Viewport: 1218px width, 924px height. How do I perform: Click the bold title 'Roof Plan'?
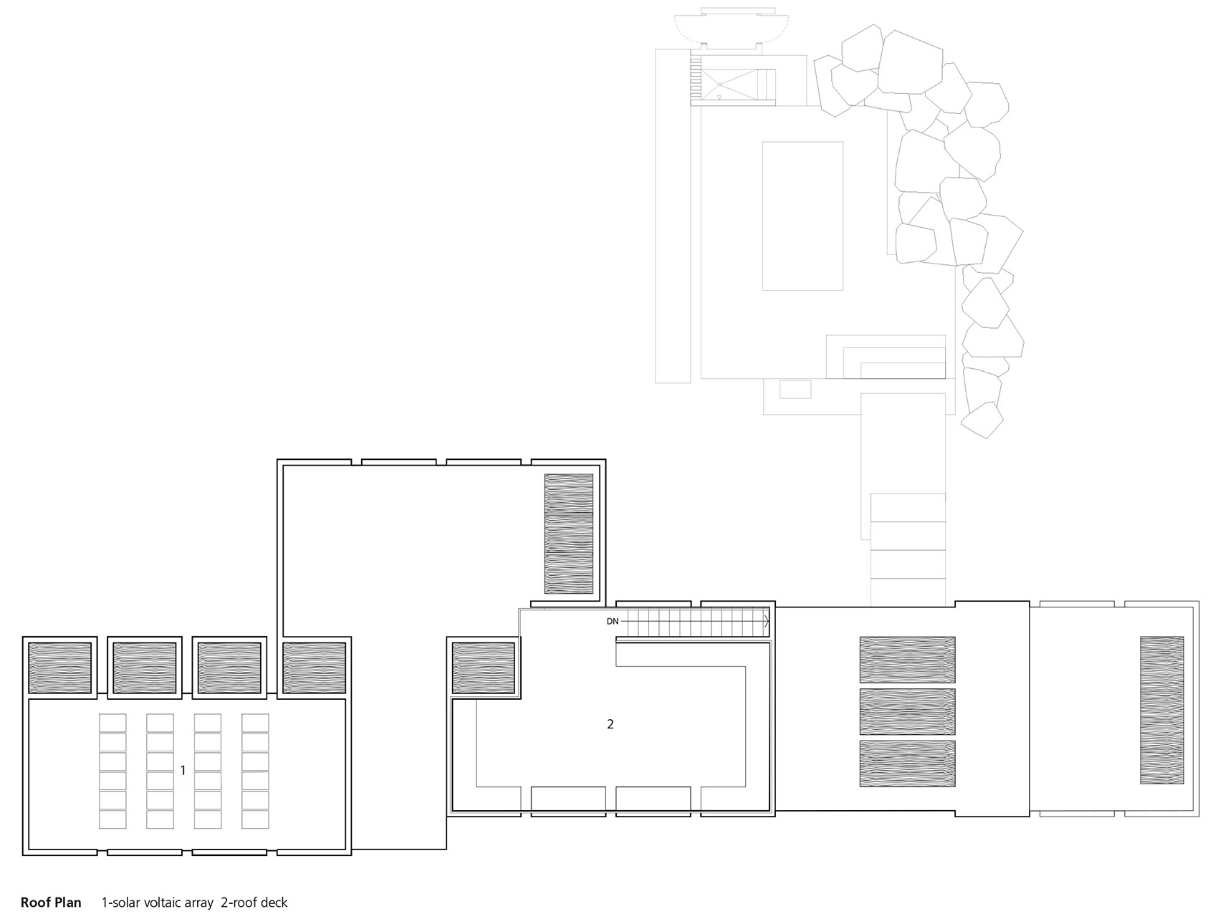[x=51, y=903]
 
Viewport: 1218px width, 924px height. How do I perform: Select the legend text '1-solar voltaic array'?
[x=158, y=903]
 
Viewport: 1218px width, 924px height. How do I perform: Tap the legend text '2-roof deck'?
[x=254, y=903]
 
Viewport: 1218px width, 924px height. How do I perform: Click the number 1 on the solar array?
[x=183, y=771]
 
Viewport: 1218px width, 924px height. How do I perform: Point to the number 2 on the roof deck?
[x=610, y=724]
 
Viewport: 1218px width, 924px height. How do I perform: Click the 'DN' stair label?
[x=612, y=621]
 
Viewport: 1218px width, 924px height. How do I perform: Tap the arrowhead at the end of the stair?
[x=767, y=621]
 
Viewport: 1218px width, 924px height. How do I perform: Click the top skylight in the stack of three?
[x=907, y=659]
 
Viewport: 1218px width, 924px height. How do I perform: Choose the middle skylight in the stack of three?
[x=907, y=711]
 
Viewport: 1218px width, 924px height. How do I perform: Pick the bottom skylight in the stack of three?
[x=907, y=764]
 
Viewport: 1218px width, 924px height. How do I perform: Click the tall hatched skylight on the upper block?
[x=569, y=534]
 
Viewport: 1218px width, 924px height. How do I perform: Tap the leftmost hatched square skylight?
[x=59, y=668]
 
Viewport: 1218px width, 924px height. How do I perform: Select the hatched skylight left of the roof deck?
[x=483, y=668]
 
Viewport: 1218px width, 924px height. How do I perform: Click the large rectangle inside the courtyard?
[x=802, y=216]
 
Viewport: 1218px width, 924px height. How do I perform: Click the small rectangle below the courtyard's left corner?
[x=795, y=389]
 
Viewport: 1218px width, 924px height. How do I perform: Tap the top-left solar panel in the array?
[x=112, y=723]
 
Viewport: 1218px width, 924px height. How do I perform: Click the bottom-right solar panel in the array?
[x=255, y=819]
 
